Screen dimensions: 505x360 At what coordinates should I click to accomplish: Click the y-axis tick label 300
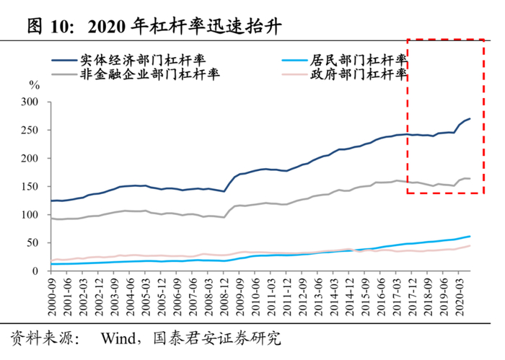pyautogui.click(x=30, y=102)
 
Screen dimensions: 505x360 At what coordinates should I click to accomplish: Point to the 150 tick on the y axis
pyautogui.click(x=30, y=186)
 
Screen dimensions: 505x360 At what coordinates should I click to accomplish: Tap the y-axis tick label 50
pyautogui.click(x=32, y=243)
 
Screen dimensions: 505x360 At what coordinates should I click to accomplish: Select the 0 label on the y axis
pyautogui.click(x=35, y=271)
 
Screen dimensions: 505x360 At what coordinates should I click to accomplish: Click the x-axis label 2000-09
pyautogui.click(x=51, y=297)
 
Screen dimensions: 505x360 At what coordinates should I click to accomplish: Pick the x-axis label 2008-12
pyautogui.click(x=224, y=297)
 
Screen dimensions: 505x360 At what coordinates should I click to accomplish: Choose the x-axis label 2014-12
pyautogui.click(x=349, y=297)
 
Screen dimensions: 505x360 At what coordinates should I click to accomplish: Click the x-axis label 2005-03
pyautogui.click(x=146, y=297)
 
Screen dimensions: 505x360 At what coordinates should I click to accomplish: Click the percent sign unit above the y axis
pyautogui.click(x=34, y=85)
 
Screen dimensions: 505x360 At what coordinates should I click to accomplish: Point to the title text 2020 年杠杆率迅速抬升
pyautogui.click(x=185, y=27)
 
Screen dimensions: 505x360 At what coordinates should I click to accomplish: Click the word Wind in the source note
pyautogui.click(x=118, y=338)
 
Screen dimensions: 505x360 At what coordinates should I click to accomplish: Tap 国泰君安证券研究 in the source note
pyautogui.click(x=216, y=338)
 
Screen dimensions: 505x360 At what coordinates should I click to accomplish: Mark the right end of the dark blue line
pyautogui.click(x=470, y=119)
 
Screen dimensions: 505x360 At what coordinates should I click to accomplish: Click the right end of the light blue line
pyautogui.click(x=470, y=237)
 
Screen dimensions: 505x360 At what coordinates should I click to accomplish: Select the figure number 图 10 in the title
pyautogui.click(x=48, y=27)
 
